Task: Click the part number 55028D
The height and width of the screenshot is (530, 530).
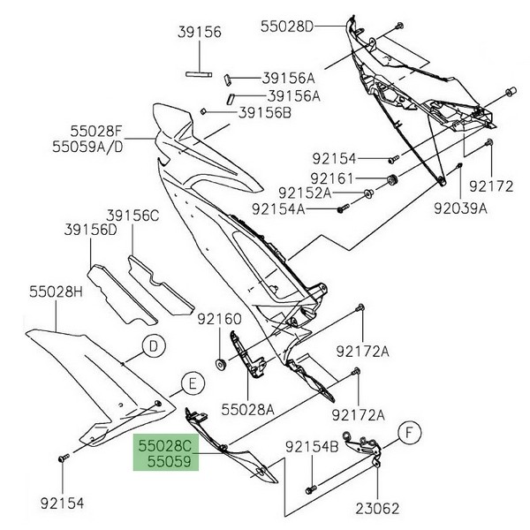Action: (287, 26)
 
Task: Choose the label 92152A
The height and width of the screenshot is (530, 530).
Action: (279, 193)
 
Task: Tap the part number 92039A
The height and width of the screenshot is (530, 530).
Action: (462, 210)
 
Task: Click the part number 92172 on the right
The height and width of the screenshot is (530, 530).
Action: (490, 187)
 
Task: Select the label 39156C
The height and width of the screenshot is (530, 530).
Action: (134, 215)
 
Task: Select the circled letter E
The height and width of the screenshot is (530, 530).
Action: (191, 382)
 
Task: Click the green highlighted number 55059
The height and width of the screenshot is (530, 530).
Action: (164, 461)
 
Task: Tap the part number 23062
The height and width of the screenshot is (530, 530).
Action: (379, 508)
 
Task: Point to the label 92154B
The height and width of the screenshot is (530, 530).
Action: (311, 447)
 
